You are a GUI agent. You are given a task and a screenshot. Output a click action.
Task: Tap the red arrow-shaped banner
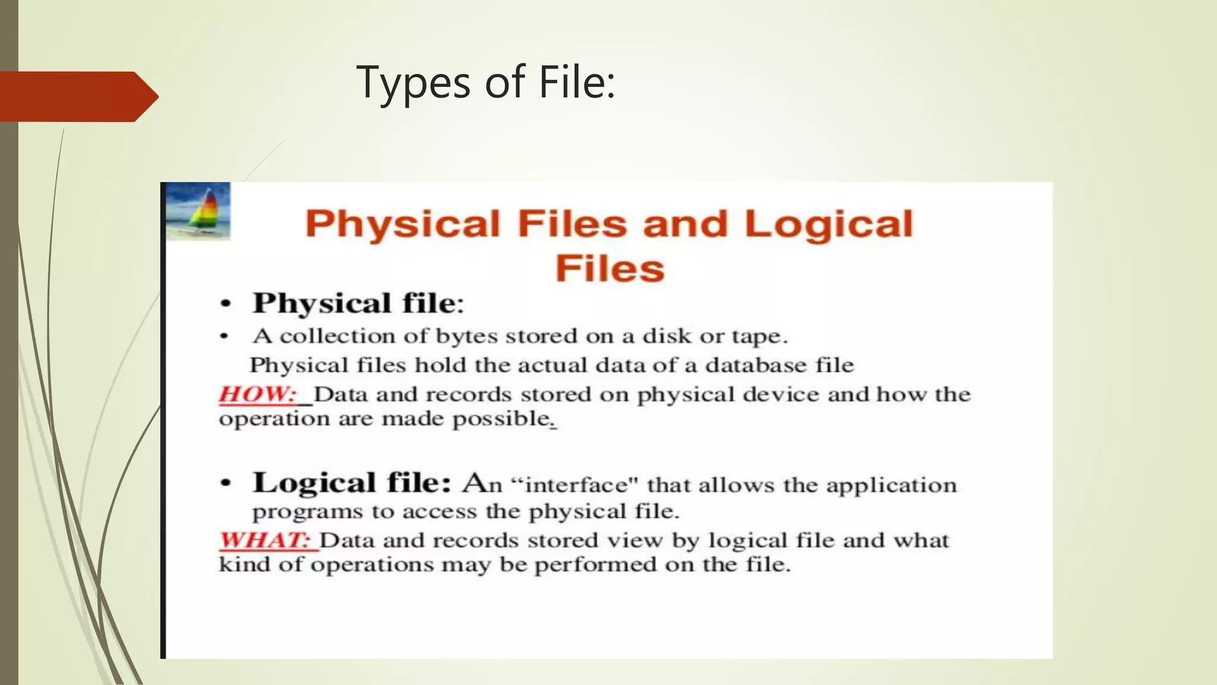click(77, 96)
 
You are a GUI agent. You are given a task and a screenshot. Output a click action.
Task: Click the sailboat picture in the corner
click(198, 210)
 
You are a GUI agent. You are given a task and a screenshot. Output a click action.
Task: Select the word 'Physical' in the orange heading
click(403, 224)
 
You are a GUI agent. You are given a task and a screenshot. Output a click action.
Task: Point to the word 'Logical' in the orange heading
click(828, 224)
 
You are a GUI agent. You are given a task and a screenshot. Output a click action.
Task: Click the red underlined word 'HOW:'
click(257, 394)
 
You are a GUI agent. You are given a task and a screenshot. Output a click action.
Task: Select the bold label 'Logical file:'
click(352, 482)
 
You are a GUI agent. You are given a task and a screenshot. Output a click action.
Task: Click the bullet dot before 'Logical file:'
click(225, 483)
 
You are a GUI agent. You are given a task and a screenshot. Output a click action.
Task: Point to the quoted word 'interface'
click(576, 485)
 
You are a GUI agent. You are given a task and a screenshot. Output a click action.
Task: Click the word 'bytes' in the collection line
click(466, 337)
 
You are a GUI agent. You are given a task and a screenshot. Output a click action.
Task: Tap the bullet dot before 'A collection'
click(224, 337)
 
